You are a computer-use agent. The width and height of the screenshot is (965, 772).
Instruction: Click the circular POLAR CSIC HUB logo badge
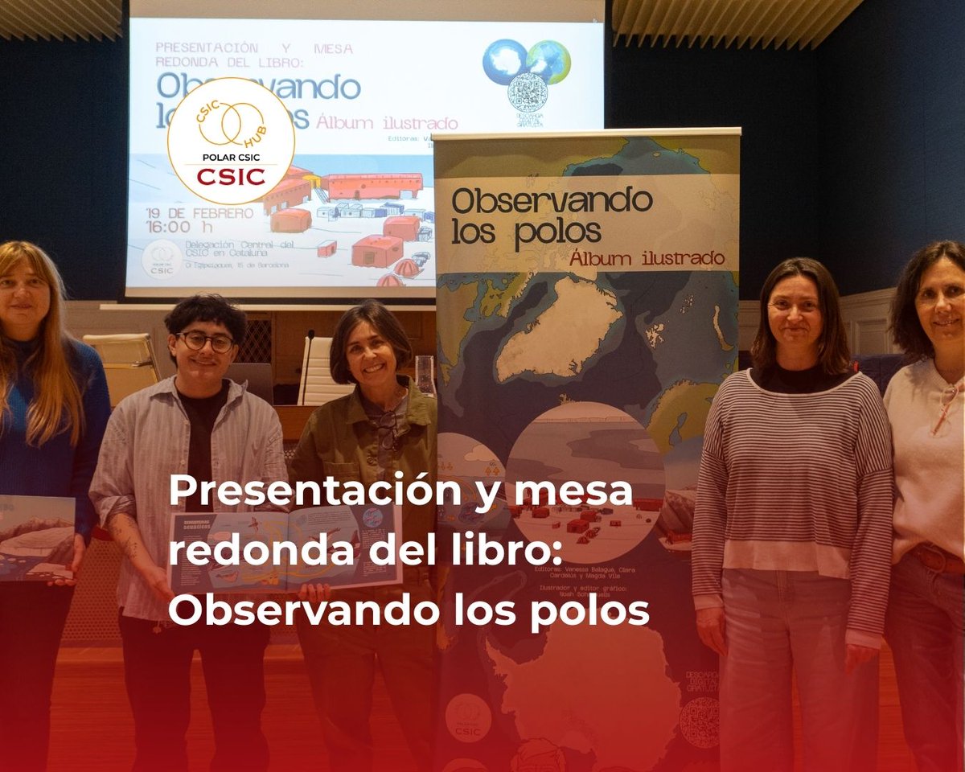231,142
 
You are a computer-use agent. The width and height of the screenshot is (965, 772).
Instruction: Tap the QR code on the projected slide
527,92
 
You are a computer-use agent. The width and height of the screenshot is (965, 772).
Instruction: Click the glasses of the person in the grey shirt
206,341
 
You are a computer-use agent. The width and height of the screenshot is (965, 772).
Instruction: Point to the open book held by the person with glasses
285,547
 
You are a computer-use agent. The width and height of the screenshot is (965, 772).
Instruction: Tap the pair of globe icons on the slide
527,61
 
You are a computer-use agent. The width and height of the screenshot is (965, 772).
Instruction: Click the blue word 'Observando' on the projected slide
258,87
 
